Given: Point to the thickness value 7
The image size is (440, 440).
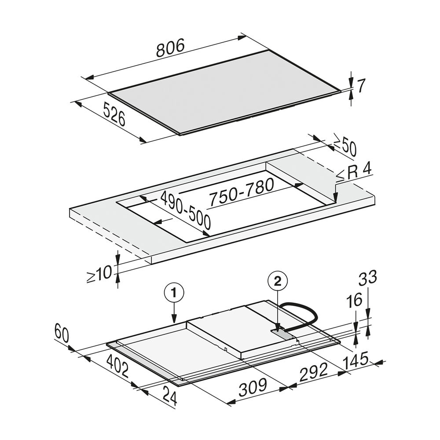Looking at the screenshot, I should coord(361,86).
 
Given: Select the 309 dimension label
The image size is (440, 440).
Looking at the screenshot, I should coord(252,387).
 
